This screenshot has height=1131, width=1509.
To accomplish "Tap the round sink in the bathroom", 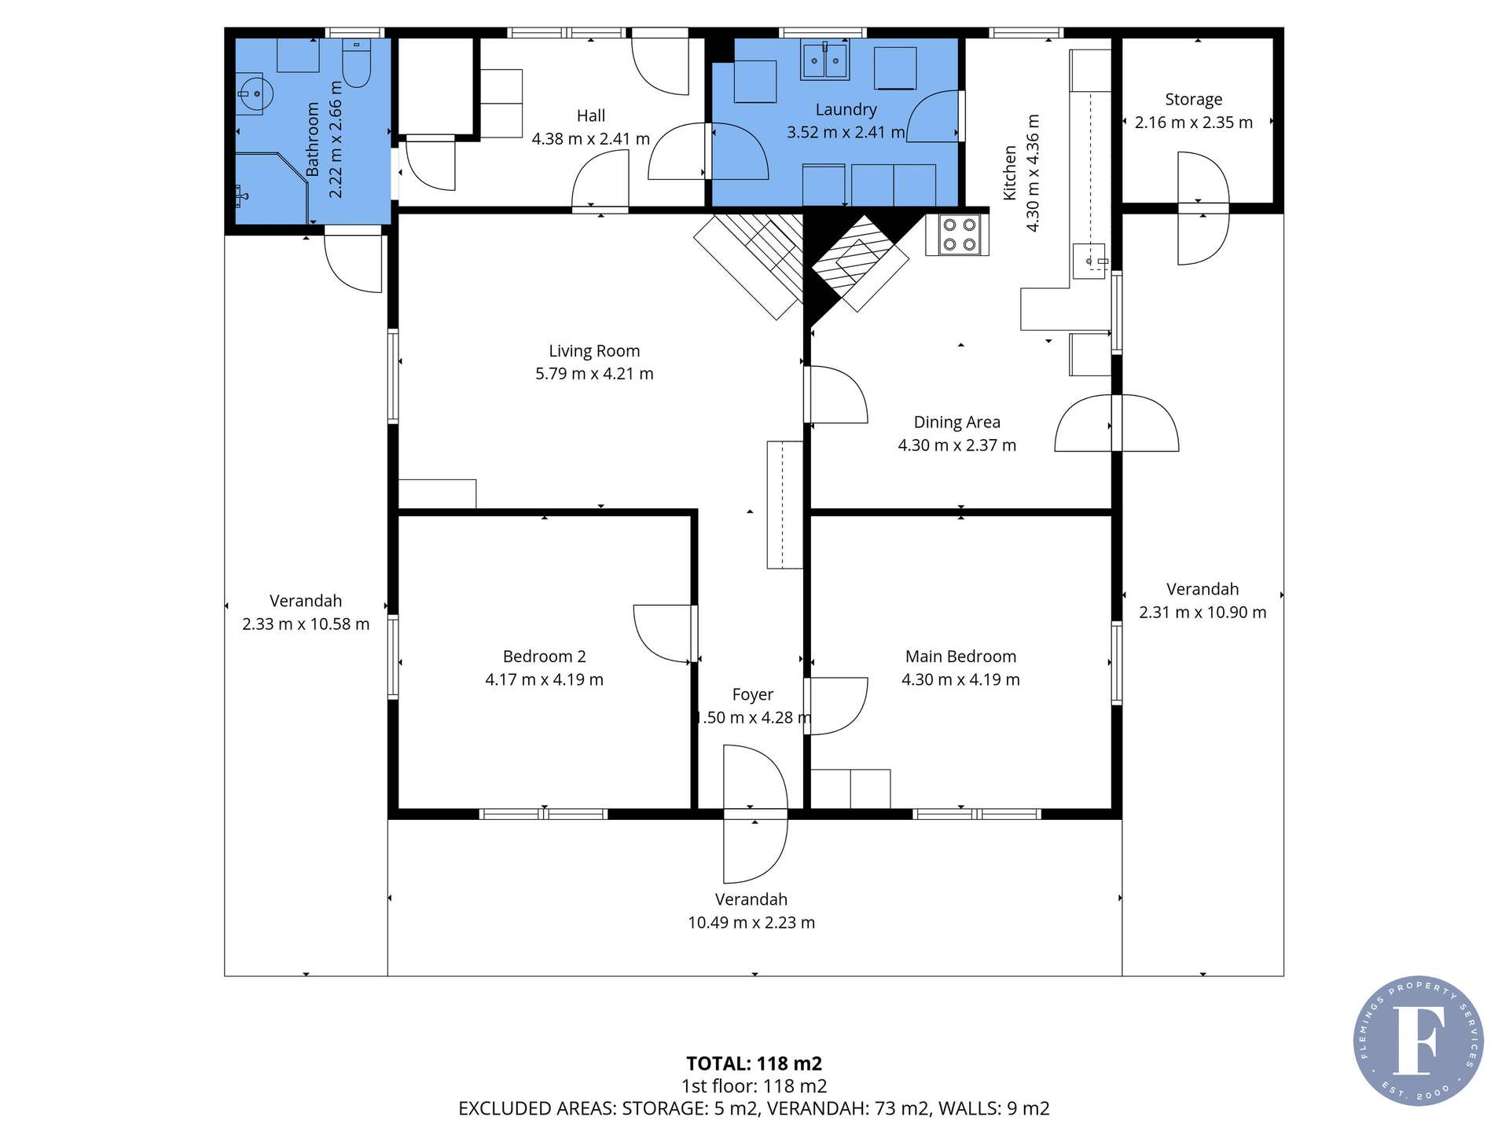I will point(254,94).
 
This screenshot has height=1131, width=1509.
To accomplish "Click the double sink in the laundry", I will point(824,60).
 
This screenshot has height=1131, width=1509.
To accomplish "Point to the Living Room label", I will point(594,351).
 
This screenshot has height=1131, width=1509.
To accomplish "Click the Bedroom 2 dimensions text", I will point(544,679).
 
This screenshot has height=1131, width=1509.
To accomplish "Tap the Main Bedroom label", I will point(960,657).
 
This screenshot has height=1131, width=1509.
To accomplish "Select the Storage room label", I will point(1193,100).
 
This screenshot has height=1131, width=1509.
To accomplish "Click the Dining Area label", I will point(956,423).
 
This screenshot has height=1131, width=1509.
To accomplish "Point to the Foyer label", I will point(752,694).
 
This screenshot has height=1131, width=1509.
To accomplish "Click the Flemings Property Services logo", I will point(1418,1041).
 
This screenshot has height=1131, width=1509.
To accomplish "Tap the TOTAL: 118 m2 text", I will point(754,1063).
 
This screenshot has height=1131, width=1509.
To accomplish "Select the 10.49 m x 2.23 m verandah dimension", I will point(751,923).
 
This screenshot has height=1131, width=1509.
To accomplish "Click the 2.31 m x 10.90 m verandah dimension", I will point(1202,613).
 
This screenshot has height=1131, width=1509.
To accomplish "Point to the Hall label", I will point(590,116).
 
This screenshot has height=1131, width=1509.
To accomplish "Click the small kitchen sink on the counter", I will point(1089,262).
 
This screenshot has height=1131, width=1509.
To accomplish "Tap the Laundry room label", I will point(846,110).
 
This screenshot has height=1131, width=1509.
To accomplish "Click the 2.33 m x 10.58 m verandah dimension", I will point(306,624).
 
